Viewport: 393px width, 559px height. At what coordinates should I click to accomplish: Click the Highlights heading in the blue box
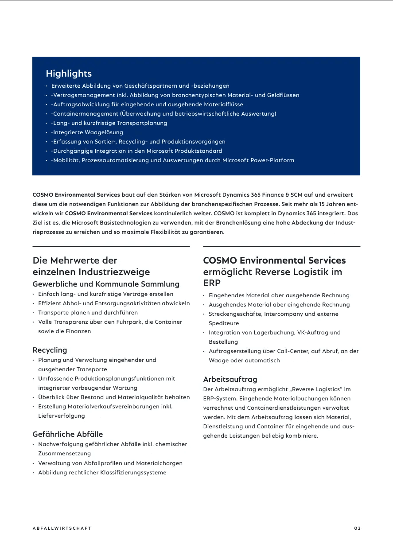coord(69,74)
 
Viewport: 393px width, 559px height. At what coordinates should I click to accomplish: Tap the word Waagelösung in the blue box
coord(104,132)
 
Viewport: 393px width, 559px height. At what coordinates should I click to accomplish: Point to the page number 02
coord(358,528)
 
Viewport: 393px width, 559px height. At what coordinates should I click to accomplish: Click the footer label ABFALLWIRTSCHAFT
coord(62,528)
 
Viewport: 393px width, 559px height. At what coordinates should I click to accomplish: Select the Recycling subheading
coord(50,350)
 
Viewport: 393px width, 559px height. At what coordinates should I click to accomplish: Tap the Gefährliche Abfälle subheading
coord(68,434)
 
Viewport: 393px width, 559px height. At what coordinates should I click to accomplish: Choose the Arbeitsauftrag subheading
coord(230,380)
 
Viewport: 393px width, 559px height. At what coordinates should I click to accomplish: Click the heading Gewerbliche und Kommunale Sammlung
coord(106,284)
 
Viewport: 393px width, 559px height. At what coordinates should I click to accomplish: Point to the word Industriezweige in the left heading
coord(114,272)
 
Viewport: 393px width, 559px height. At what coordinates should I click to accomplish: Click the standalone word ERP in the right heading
coord(212,283)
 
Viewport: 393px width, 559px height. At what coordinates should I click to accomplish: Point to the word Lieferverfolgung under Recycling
coord(62,416)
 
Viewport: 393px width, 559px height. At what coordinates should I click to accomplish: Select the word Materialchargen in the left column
coord(159,463)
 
